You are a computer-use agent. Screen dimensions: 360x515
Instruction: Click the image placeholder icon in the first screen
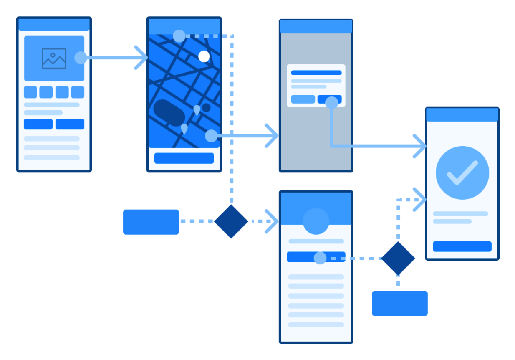coord(54,58)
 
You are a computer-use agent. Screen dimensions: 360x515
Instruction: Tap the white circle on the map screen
coord(204,56)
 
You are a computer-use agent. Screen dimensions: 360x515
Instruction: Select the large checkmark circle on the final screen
coord(462,172)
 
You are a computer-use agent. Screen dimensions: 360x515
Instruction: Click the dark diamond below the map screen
coord(231,221)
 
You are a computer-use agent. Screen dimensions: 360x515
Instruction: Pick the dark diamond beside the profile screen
coord(398,259)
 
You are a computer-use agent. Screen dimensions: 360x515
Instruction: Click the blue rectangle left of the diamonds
coord(151,222)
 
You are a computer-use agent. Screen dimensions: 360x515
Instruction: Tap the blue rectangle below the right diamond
coord(399,303)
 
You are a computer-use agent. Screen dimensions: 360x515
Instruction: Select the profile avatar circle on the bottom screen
coord(316,221)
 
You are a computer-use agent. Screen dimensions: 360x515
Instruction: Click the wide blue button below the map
coord(184,158)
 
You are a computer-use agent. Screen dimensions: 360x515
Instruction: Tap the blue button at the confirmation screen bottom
coord(462,246)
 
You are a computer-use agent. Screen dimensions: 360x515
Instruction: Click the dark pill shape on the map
coord(169,112)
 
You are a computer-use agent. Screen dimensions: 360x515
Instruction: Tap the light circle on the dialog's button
coord(331,103)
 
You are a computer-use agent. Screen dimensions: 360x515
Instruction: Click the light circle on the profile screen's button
coord(320,258)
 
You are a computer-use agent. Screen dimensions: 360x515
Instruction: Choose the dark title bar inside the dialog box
coord(316,73)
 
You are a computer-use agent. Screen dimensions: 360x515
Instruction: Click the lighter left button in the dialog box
coord(303,99)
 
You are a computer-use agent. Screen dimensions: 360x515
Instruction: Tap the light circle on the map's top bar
coord(179,36)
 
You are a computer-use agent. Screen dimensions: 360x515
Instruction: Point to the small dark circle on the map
coord(206,107)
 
